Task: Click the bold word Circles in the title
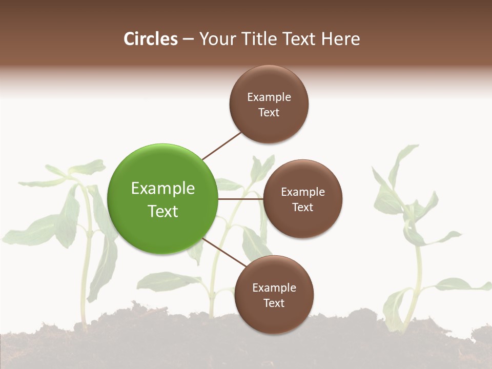pos(151,39)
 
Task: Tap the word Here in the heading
pos(341,39)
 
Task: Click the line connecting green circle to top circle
pos(221,146)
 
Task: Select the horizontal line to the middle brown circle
pos(240,199)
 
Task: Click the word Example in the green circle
pos(163,189)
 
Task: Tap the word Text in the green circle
pos(163,211)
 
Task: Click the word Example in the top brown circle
pos(269,97)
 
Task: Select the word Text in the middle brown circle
pos(303,208)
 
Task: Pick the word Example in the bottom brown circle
pos(274,288)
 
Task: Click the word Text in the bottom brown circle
pos(274,303)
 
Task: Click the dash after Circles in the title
pos(188,39)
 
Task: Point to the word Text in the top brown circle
pos(269,113)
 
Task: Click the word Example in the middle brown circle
pos(303,192)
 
